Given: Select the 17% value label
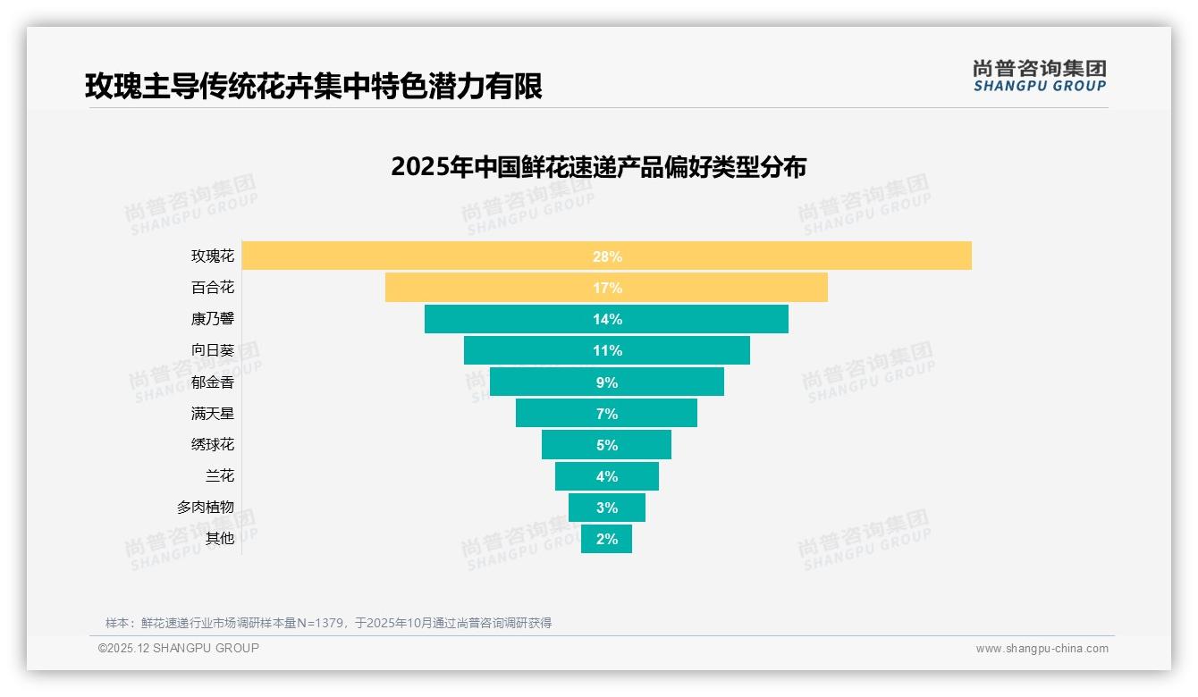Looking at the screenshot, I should pyautogui.click(x=606, y=288).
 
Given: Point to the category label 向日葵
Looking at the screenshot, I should pyautogui.click(x=213, y=350).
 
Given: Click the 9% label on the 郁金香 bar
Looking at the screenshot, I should pyautogui.click(x=606, y=382).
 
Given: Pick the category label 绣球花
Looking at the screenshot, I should pyautogui.click(x=213, y=444).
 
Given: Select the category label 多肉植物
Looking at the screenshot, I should pyautogui.click(x=206, y=507).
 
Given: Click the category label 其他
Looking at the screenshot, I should pyautogui.click(x=220, y=538).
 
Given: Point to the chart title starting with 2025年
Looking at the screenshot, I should pyautogui.click(x=598, y=167).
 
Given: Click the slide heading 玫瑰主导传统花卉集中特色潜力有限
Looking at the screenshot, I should pyautogui.click(x=313, y=87).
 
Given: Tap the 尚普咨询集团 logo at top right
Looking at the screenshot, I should pyautogui.click(x=1039, y=75).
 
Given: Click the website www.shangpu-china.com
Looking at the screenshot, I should pyautogui.click(x=1042, y=649).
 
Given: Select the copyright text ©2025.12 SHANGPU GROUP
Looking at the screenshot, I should pyautogui.click(x=179, y=648).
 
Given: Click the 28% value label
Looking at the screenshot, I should pyautogui.click(x=606, y=256).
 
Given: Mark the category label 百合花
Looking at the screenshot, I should pyautogui.click(x=213, y=288).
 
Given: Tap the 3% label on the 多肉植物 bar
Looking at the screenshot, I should pyautogui.click(x=606, y=508).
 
